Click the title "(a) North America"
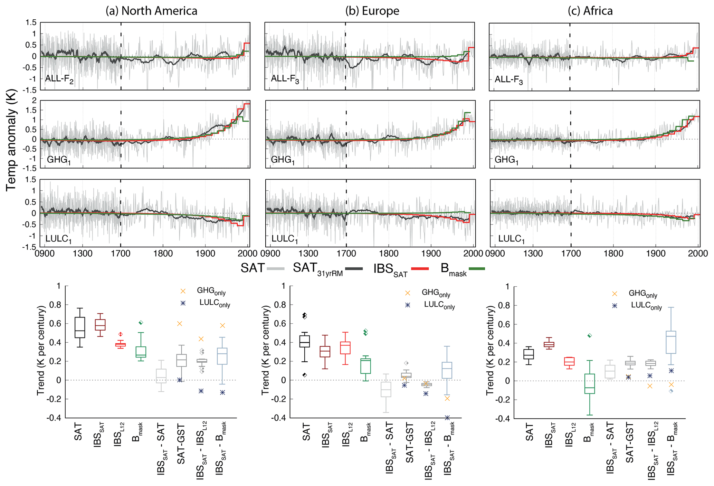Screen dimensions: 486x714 click(151, 11)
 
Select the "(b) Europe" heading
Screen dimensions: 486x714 click(372, 11)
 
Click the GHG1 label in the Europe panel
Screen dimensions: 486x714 click(283, 160)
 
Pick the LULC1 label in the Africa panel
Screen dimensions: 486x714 click(511, 239)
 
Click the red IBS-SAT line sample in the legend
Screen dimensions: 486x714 click(420, 268)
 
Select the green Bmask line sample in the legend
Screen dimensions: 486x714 click(476, 268)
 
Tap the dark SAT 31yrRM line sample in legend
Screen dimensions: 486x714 click(354, 268)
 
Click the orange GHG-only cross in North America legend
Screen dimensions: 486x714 click(183, 291)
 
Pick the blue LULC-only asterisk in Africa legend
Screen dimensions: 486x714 click(615, 306)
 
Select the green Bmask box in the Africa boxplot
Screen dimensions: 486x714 click(589, 384)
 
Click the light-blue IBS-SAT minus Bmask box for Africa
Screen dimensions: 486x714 click(671, 342)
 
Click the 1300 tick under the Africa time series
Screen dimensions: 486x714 click(533, 254)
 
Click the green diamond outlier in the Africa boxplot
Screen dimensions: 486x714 click(589, 335)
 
